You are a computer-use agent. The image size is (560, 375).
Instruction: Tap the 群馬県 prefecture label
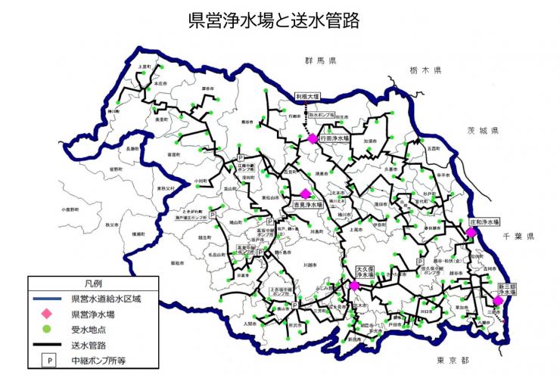[x=320, y=59]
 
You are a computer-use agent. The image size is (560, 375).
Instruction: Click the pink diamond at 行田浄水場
[x=312, y=138]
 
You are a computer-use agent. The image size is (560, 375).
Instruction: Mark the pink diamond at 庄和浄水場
[x=471, y=233]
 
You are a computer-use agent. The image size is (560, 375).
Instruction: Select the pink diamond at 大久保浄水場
[x=354, y=285]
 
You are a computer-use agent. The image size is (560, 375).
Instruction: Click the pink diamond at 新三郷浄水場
[x=498, y=300]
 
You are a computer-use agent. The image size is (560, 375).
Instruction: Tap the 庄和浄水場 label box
[x=484, y=222]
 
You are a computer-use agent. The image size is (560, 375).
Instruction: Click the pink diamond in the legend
[x=48, y=313]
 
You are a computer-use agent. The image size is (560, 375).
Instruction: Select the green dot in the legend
[x=48, y=329]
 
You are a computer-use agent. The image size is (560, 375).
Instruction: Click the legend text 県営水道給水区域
[x=105, y=297]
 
